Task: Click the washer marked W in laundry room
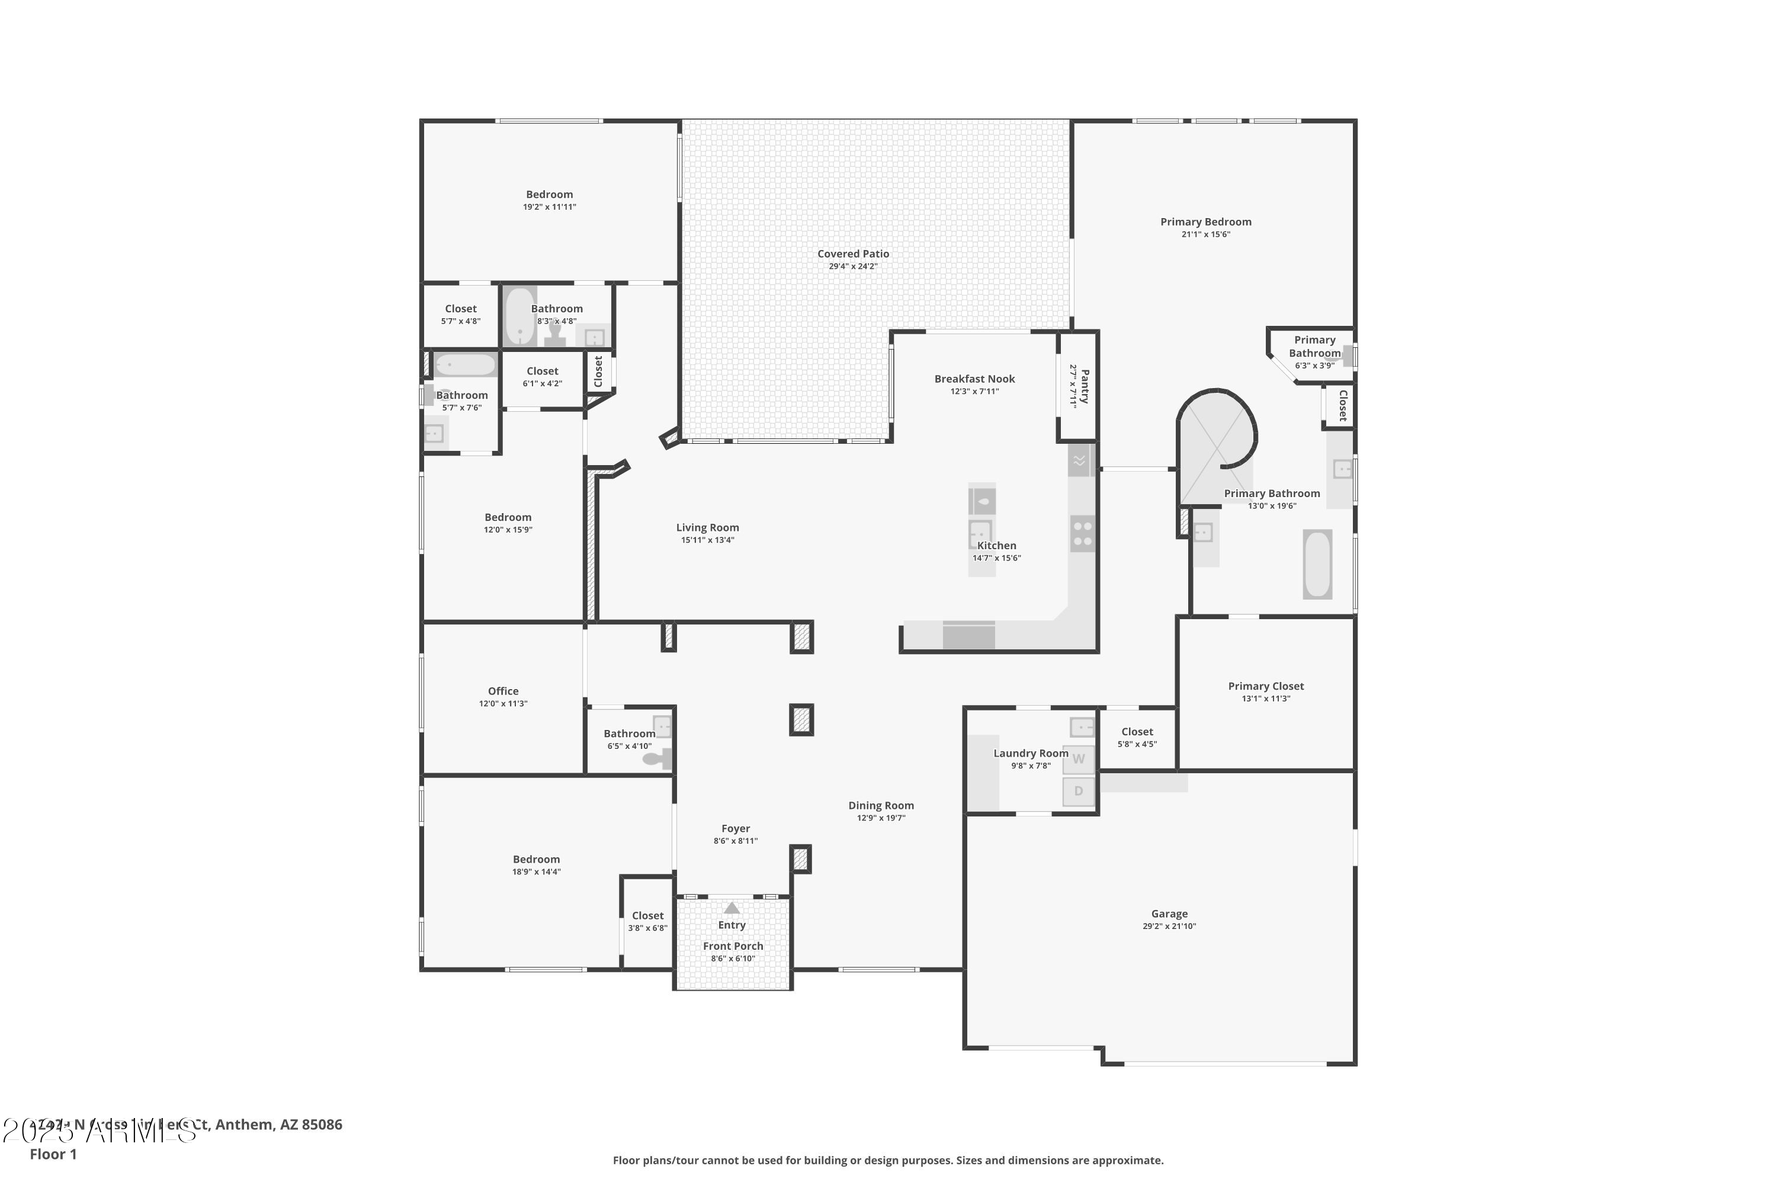pos(1078,760)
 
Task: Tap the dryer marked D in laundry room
pos(1078,791)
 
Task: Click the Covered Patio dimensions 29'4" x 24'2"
pos(853,266)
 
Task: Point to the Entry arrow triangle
pos(732,908)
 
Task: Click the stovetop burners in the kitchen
pos(1082,534)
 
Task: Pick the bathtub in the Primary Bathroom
pos(1317,565)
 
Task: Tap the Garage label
pos(1169,914)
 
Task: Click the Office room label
pos(502,691)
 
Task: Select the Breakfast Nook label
pos(974,379)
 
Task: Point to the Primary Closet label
pos(1265,686)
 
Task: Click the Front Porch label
pos(733,946)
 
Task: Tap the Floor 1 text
pos(53,1154)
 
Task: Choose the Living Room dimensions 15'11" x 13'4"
pos(707,540)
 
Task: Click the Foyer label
pos(735,828)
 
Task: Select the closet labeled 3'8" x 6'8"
pos(647,921)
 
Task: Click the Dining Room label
pos(880,806)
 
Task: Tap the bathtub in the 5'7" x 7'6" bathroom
pos(464,365)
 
